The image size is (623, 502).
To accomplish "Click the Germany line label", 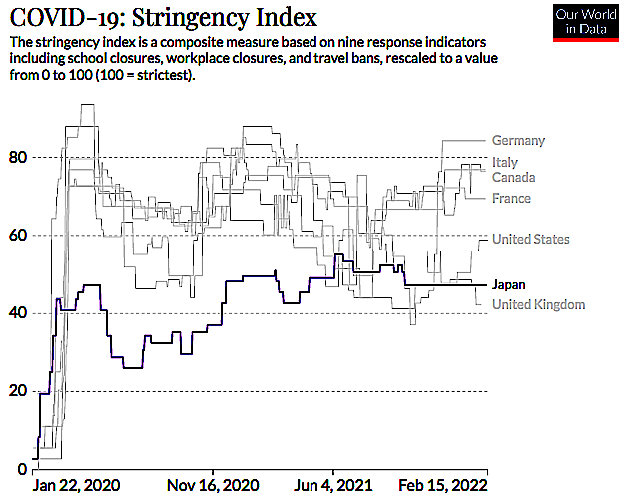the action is (x=518, y=140).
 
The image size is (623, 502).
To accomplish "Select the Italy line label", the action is (x=505, y=162).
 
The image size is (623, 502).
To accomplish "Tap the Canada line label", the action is (x=514, y=177).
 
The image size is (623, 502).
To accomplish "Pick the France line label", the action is (x=511, y=198).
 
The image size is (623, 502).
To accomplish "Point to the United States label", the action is (x=531, y=239).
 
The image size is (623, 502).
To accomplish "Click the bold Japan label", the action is (x=509, y=285).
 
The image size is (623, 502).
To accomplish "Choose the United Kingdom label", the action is (x=539, y=304).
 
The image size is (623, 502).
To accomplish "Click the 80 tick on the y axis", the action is (x=18, y=158).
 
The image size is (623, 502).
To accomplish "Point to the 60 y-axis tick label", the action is (x=18, y=236).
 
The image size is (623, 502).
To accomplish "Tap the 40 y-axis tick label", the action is (x=18, y=313).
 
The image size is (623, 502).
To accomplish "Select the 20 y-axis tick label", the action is (x=18, y=391).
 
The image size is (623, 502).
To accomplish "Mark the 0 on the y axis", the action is (x=22, y=469).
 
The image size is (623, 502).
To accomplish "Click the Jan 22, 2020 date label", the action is (x=76, y=485).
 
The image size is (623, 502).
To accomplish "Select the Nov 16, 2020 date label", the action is (x=213, y=485).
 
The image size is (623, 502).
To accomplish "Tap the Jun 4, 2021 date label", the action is (x=332, y=485).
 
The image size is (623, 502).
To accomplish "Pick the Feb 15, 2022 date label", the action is (x=443, y=485).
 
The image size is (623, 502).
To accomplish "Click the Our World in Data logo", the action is (x=586, y=22).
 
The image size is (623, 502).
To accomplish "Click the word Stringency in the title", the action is (x=190, y=18).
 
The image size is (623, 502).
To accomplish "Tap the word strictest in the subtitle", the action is (x=163, y=75).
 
